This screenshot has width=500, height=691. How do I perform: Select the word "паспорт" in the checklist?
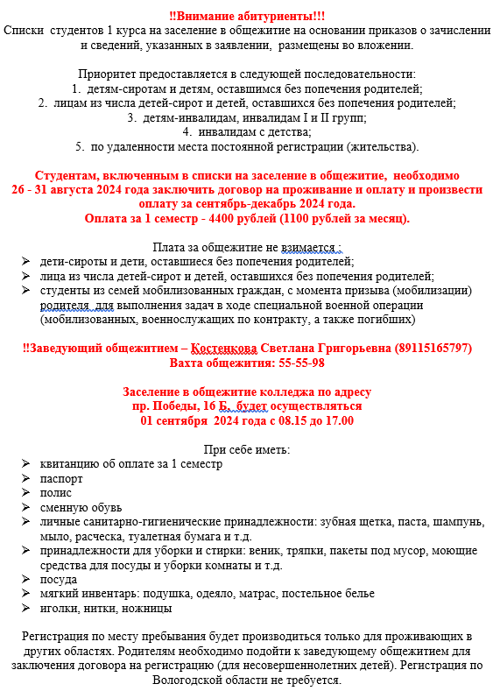61,479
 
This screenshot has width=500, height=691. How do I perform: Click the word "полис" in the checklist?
56,493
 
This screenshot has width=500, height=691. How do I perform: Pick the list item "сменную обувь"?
81,507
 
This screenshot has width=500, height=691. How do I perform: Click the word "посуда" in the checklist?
59,579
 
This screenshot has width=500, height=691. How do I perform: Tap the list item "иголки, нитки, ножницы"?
106,607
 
